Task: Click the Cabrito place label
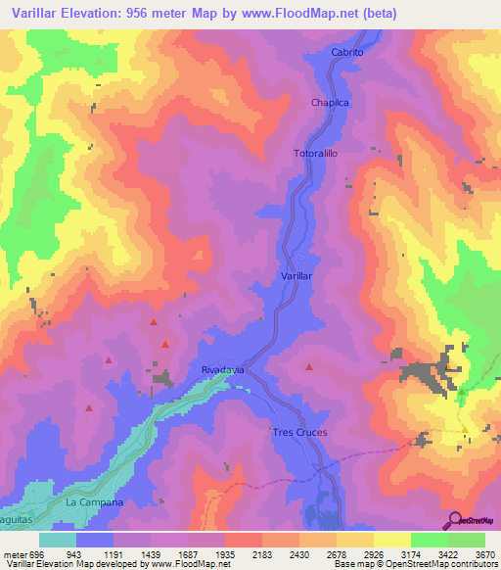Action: (x=346, y=52)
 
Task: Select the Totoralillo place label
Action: (x=314, y=154)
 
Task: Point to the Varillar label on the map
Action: (x=296, y=277)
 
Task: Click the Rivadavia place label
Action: (x=221, y=370)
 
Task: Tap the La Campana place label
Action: (x=94, y=501)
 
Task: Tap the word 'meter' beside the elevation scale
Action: (x=14, y=553)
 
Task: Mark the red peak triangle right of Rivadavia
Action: (x=309, y=368)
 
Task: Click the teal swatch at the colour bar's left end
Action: (x=58, y=540)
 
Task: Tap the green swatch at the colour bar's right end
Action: (x=467, y=540)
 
